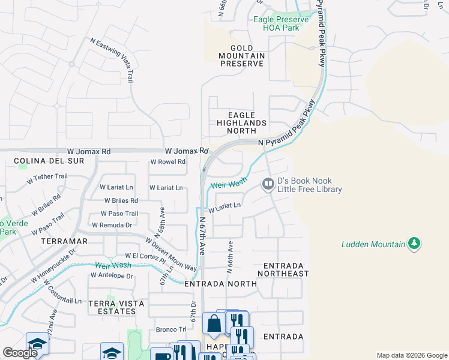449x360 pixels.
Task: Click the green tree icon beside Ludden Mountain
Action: pyautogui.click(x=414, y=244)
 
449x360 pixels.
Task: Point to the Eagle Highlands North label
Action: pyautogui.click(x=241, y=123)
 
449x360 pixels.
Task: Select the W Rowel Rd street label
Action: pyautogui.click(x=167, y=162)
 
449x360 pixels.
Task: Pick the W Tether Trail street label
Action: pyautogui.click(x=47, y=178)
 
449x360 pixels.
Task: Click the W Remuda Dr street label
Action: pyautogui.click(x=112, y=225)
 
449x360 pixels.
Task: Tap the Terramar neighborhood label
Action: pyautogui.click(x=65, y=241)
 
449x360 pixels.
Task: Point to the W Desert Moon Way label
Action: pyautogui.click(x=171, y=253)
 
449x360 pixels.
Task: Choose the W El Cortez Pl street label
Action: pyautogui.click(x=144, y=256)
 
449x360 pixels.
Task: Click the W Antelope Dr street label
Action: pyautogui.click(x=111, y=276)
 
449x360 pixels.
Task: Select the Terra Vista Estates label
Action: pyautogui.click(x=116, y=308)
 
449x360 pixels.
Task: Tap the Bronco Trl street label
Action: pyautogui.click(x=171, y=329)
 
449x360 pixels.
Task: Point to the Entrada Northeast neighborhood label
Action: pyautogui.click(x=283, y=269)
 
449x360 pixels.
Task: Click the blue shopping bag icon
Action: pyautogui.click(x=213, y=324)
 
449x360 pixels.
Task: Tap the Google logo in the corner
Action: pyautogui.click(x=20, y=353)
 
